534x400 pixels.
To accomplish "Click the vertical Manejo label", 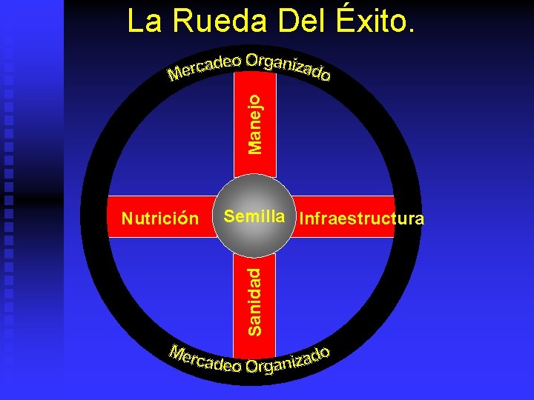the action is (254, 123).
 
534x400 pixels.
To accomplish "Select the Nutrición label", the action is (160, 219).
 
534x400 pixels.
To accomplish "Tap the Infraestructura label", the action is (360, 219).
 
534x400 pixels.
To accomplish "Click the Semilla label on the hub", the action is (254, 216).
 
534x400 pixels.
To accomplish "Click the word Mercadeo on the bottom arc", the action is (204, 359).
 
